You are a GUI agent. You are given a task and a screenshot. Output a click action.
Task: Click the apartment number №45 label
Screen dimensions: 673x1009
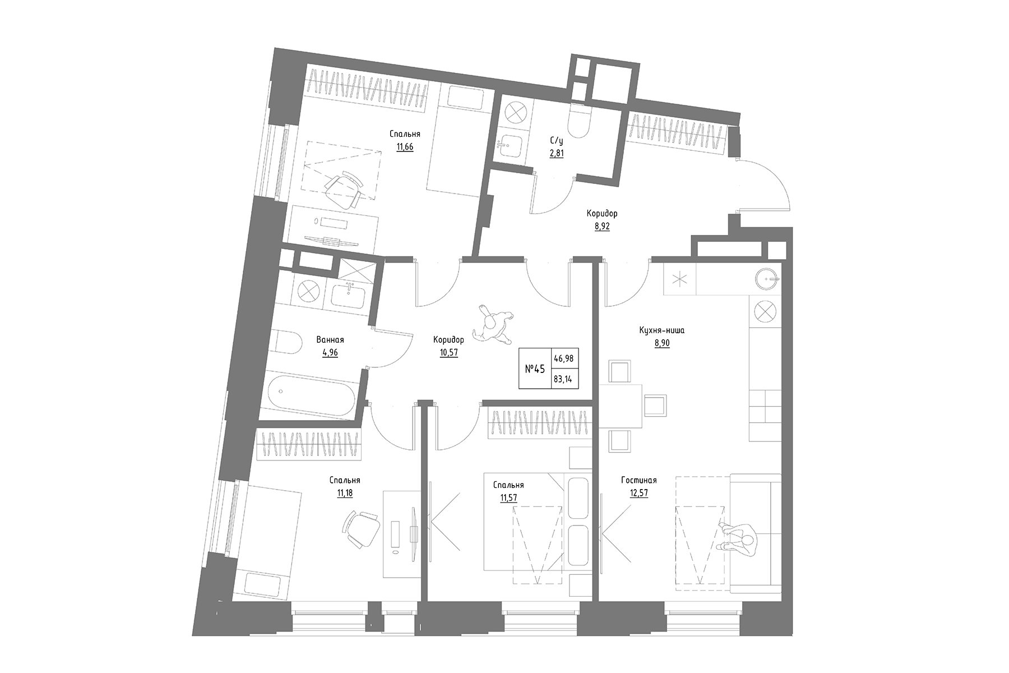click(535, 368)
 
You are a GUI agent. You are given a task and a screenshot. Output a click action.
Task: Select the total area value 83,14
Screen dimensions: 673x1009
click(563, 379)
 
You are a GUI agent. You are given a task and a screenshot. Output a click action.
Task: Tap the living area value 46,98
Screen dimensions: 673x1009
click(563, 358)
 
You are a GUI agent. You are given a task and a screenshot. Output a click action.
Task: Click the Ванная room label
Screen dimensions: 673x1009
click(330, 340)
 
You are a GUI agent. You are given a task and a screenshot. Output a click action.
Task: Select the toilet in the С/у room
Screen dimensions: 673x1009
click(577, 121)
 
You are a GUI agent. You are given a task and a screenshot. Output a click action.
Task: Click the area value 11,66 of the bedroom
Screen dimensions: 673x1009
click(405, 147)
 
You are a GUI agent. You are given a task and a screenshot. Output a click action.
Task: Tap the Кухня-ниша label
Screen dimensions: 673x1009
click(661, 330)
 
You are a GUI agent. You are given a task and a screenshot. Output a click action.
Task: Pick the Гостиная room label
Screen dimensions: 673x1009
click(638, 481)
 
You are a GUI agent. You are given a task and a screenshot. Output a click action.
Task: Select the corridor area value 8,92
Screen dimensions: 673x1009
click(602, 227)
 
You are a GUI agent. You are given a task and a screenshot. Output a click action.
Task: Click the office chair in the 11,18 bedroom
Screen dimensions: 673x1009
click(362, 528)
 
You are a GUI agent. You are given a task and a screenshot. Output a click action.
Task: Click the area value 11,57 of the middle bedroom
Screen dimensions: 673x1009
click(508, 497)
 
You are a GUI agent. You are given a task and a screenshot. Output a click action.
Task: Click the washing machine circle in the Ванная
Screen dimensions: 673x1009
click(308, 292)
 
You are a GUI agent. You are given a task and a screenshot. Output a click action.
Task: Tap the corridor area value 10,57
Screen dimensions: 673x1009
click(449, 353)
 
